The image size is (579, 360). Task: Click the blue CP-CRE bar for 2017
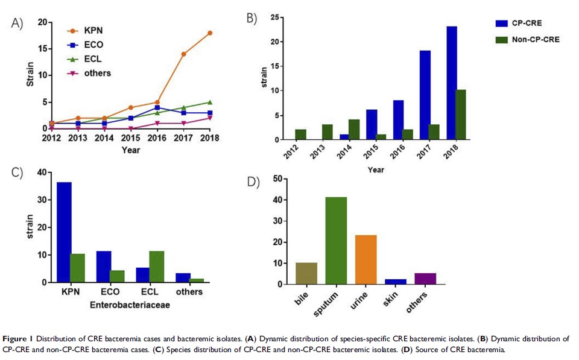pyautogui.click(x=425, y=95)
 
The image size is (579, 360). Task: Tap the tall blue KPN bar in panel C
pyautogui.click(x=64, y=232)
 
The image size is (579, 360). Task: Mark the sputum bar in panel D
pyautogui.click(x=336, y=241)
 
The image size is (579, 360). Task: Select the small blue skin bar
pyautogui.click(x=396, y=281)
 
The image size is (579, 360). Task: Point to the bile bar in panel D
pyautogui.click(x=306, y=273)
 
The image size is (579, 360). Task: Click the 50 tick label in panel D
pyautogui.click(x=277, y=178)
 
